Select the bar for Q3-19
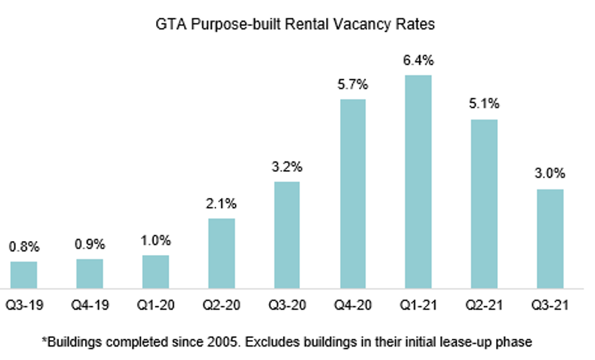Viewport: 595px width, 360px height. pos(24,275)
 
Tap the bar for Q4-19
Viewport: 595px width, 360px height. pos(90,274)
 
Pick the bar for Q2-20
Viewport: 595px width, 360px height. pos(222,253)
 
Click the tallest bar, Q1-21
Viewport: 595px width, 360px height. pos(418,182)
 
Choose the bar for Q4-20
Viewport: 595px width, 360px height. pos(353,194)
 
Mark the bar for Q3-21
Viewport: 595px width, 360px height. pos(550,239)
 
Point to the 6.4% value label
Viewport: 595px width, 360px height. pos(418,61)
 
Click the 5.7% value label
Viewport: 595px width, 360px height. pos(353,85)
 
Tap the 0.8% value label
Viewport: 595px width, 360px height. pos(24,247)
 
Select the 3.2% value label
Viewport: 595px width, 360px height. pos(287,168)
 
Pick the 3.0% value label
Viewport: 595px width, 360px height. pos(550,174)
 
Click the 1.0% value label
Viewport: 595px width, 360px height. pos(155,241)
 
